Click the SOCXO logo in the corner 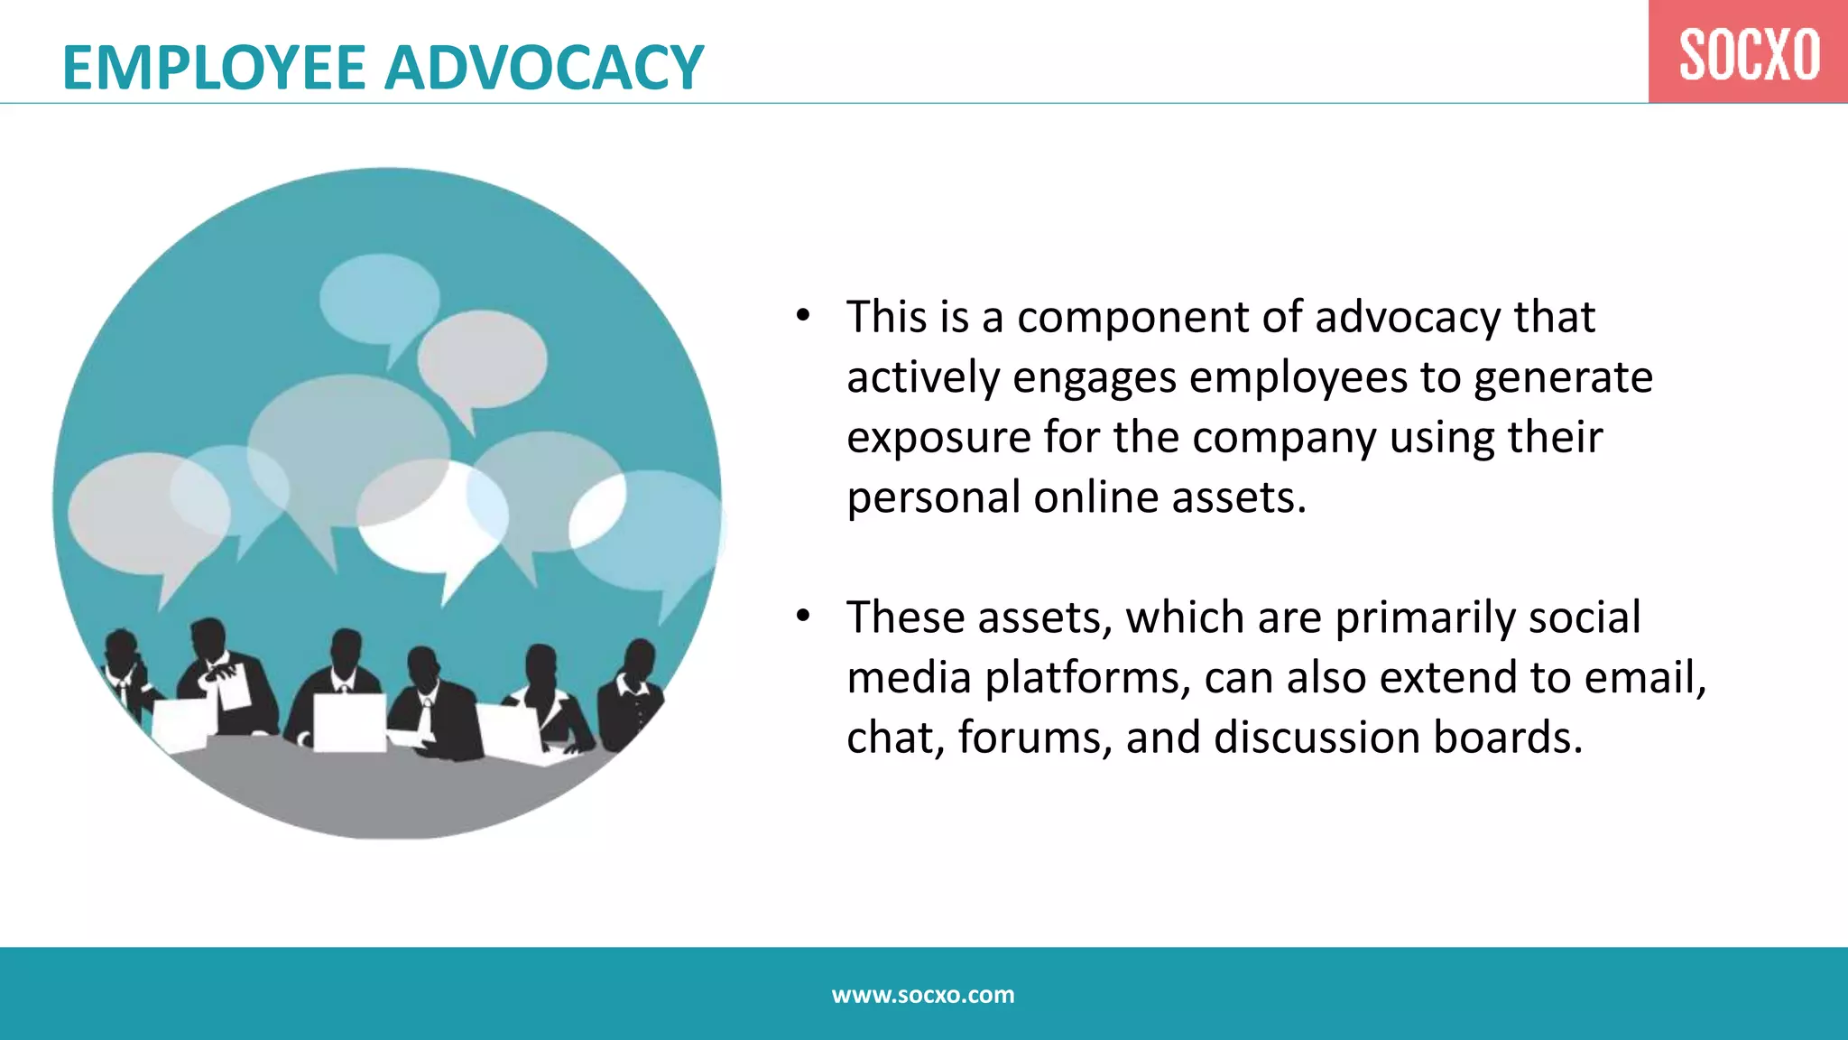click(x=1748, y=53)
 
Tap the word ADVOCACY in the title click(x=544, y=69)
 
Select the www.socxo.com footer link click(x=923, y=995)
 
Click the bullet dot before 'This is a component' click(x=803, y=317)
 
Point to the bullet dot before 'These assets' click(x=803, y=617)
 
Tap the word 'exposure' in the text click(x=938, y=439)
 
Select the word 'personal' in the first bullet click(x=933, y=498)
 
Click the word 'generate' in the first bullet click(x=1563, y=378)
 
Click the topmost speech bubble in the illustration click(x=379, y=298)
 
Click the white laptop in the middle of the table click(x=349, y=722)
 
